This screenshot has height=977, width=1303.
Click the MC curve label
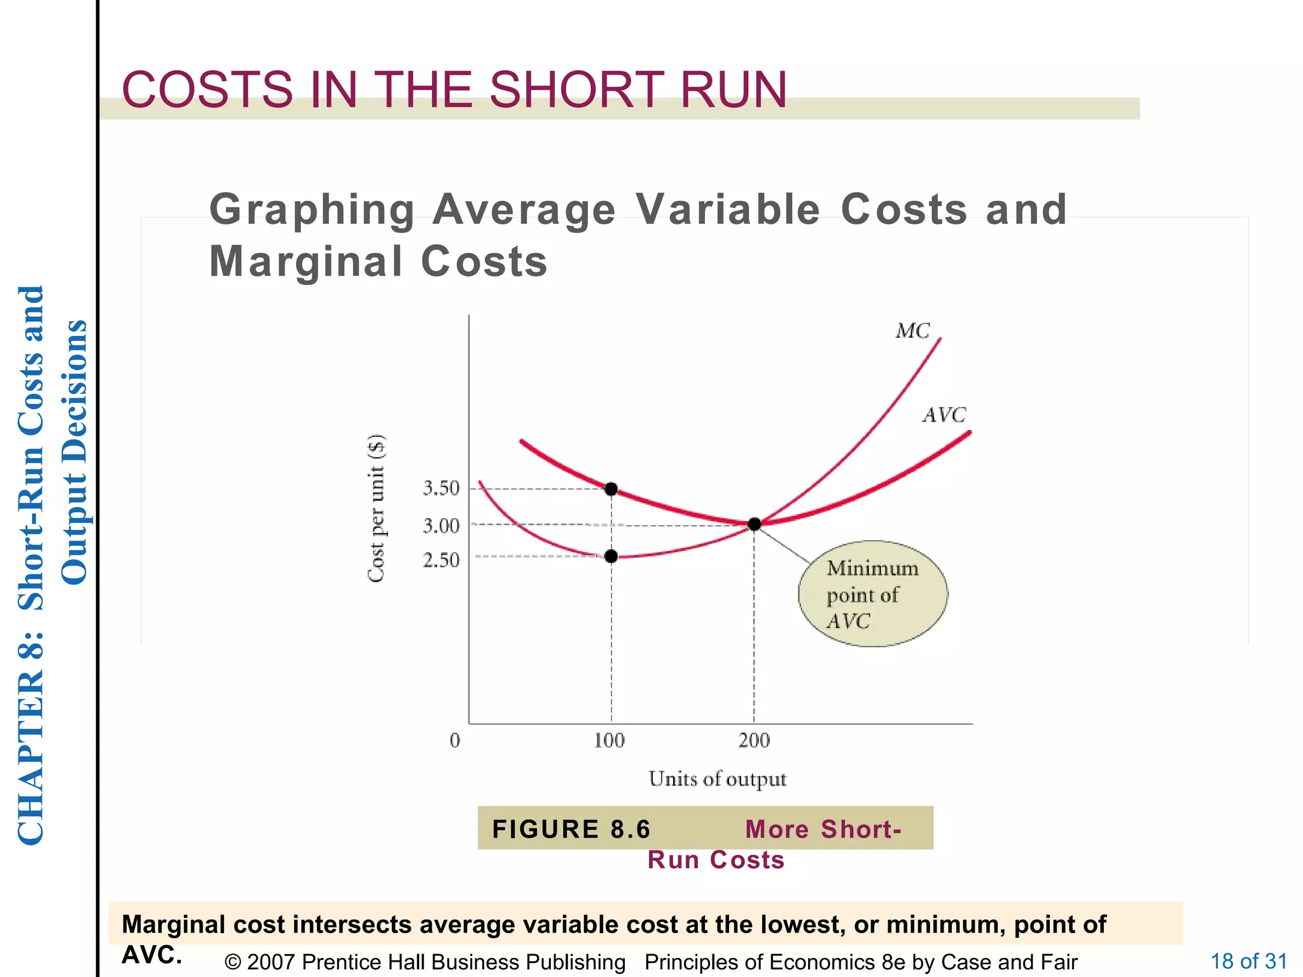tap(912, 331)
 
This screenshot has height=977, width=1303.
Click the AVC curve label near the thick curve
tap(944, 415)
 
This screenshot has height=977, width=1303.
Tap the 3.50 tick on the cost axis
tap(441, 488)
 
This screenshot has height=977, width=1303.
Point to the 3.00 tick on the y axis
tap(441, 526)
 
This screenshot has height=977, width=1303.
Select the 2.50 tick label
tap(441, 560)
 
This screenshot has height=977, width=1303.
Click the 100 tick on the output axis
tap(609, 740)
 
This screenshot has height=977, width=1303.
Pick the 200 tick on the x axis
tap(754, 740)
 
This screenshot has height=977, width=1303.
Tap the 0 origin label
tap(455, 740)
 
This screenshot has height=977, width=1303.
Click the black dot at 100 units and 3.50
tap(611, 489)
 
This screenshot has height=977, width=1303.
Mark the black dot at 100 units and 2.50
tap(611, 557)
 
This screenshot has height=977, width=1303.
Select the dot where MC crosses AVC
tap(755, 524)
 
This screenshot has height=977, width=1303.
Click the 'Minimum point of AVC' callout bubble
tap(873, 594)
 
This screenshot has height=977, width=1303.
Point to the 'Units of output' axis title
tap(717, 779)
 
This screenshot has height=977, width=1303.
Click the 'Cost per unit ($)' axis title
tap(377, 508)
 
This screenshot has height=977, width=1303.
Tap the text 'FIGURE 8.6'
tap(571, 829)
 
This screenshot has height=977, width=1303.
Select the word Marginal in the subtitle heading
tap(306, 261)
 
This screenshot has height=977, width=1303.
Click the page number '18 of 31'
tap(1248, 961)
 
